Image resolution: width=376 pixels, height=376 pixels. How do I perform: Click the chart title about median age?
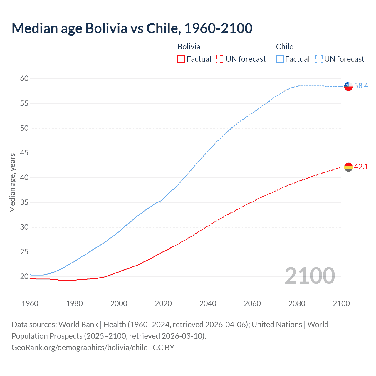click(x=132, y=28)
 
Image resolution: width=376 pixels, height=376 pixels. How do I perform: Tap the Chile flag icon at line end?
click(x=348, y=86)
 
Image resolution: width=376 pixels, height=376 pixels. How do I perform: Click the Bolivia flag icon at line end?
click(x=348, y=167)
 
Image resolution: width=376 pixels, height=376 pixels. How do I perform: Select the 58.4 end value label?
click(x=361, y=86)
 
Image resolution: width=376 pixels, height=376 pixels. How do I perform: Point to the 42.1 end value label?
click(x=361, y=167)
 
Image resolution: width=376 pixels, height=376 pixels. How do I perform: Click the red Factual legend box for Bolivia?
click(x=181, y=59)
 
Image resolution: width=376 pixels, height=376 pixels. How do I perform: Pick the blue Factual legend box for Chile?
click(x=280, y=59)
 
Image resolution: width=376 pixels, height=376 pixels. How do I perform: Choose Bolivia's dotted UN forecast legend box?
click(x=220, y=59)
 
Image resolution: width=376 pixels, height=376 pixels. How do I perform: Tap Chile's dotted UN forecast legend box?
click(x=319, y=59)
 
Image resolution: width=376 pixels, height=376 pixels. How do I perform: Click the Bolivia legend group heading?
click(x=189, y=47)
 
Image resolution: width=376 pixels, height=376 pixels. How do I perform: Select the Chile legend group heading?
click(x=284, y=47)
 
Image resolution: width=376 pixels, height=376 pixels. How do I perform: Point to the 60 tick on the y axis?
click(x=24, y=78)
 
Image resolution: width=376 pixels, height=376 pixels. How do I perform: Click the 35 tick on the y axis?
click(x=24, y=202)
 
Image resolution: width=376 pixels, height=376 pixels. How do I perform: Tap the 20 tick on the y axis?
click(x=24, y=276)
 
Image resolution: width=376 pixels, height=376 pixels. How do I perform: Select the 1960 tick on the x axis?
click(x=30, y=303)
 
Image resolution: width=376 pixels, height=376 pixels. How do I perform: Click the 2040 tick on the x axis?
click(x=208, y=303)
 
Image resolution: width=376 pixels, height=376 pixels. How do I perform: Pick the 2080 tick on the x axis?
click(x=297, y=303)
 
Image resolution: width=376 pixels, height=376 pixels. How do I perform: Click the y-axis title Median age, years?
click(x=12, y=183)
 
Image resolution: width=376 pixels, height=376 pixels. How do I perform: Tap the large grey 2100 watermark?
click(x=310, y=276)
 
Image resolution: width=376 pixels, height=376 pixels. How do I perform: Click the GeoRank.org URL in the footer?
click(x=79, y=348)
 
